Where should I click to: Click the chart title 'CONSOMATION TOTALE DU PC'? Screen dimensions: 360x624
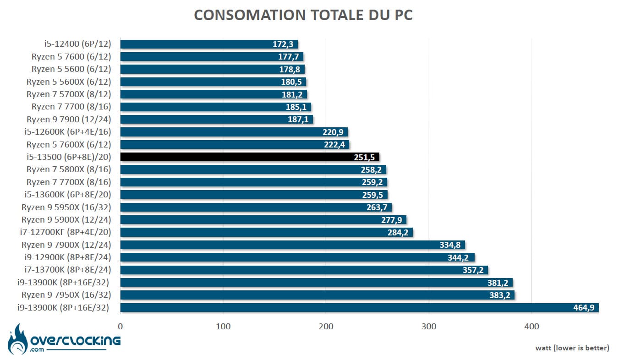click(x=303, y=15)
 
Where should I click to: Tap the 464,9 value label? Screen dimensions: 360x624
click(x=584, y=307)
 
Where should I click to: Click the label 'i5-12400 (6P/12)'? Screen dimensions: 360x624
click(x=81, y=44)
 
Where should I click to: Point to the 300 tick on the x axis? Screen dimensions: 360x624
click(x=429, y=327)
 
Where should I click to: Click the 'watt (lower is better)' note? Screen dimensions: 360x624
click(x=572, y=348)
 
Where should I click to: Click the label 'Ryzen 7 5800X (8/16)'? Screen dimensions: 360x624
click(x=69, y=169)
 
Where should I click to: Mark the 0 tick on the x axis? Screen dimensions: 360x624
click(x=120, y=327)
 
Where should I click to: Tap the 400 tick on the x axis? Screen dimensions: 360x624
click(x=531, y=327)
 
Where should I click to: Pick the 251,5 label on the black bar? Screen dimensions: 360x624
click(x=364, y=157)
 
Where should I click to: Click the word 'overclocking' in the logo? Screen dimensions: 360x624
click(x=75, y=340)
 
